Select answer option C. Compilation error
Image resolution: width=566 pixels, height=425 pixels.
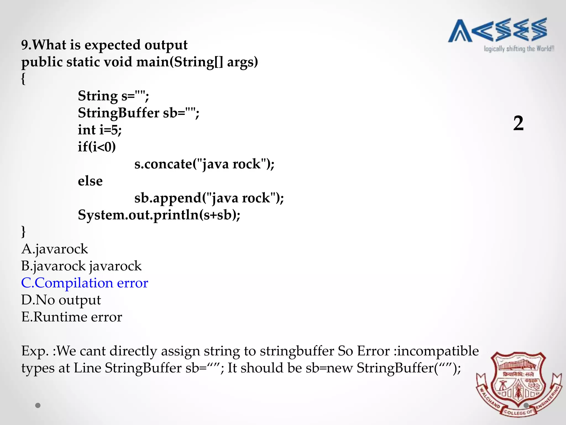(x=85, y=283)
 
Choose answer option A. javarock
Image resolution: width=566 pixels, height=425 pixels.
(x=55, y=249)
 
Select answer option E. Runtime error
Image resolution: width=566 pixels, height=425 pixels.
(x=72, y=317)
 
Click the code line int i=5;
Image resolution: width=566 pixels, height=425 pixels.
(x=100, y=130)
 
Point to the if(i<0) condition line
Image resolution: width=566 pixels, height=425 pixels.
(x=97, y=147)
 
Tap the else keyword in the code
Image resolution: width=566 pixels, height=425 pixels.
(x=90, y=181)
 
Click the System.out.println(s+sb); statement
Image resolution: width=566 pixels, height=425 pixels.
(x=159, y=215)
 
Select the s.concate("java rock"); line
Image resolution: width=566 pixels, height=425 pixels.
(x=204, y=164)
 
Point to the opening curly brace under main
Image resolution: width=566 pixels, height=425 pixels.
(x=23, y=79)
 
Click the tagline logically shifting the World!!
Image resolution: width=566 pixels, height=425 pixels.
(x=519, y=49)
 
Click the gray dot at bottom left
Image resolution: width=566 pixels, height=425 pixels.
(x=38, y=405)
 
